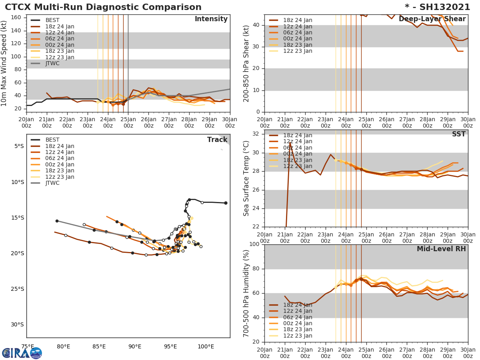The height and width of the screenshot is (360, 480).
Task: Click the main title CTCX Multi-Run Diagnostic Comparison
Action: (103, 7)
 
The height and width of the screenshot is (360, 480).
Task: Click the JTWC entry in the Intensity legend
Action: (52, 64)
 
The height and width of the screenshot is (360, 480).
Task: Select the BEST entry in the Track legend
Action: (52, 140)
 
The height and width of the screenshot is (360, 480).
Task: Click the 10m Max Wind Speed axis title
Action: (5, 63)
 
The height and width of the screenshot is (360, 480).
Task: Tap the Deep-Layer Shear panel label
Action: (432, 19)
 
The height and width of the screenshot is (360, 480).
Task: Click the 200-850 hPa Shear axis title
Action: (247, 63)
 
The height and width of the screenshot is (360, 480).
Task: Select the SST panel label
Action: (458, 134)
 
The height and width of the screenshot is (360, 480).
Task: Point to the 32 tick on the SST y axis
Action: (256, 134)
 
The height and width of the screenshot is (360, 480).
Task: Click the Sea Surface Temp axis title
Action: (247, 178)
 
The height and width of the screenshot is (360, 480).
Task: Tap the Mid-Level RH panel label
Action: (441, 249)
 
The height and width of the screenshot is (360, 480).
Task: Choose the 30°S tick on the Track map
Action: (17, 324)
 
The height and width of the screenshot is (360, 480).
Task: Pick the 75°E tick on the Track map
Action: (28, 346)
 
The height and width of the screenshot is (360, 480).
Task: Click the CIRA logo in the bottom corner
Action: (22, 353)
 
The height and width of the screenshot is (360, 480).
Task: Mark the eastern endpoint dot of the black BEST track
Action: (226, 203)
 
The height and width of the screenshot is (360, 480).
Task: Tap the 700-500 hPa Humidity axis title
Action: (247, 293)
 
